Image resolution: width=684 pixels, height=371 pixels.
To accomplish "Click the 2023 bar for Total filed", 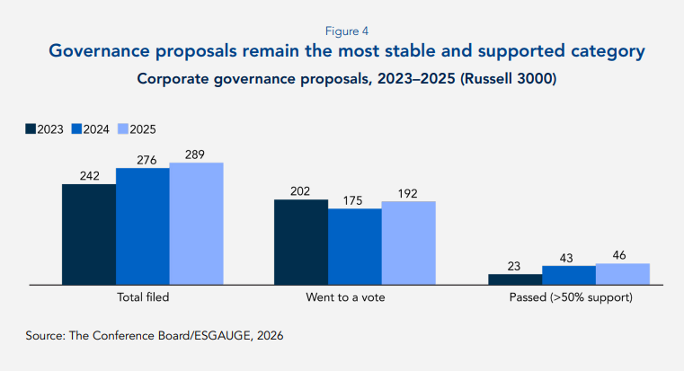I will click(89, 234).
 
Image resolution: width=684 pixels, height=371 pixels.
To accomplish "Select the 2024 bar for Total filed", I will click(142, 226).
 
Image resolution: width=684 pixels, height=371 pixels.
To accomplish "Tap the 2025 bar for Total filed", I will click(196, 224).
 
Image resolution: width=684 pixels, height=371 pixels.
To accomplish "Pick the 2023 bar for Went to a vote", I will click(300, 242).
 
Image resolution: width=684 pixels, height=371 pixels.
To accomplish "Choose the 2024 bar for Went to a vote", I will click(354, 247).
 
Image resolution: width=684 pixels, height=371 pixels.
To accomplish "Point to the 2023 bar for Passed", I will click(515, 279).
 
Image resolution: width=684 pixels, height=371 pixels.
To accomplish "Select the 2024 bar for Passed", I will click(569, 275).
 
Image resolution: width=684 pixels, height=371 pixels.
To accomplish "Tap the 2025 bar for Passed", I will click(622, 274).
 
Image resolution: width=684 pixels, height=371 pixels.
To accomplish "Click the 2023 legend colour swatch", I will click(31, 129).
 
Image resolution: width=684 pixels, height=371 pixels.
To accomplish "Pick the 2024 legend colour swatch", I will click(77, 129).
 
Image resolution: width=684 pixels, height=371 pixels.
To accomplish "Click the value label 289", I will click(196, 155).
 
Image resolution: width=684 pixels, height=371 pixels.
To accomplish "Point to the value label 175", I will click(354, 200).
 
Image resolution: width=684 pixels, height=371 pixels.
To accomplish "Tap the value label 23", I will click(515, 266).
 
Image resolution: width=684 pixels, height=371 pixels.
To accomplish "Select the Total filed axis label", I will click(143, 296).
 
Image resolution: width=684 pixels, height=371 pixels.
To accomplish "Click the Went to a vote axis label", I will click(354, 296).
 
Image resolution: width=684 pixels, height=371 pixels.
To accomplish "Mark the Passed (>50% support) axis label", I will click(569, 296).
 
